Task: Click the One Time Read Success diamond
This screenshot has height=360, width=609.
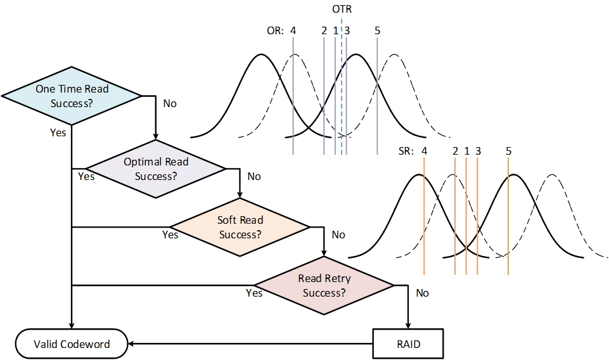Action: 72,96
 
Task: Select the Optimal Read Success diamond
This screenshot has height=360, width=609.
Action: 155,169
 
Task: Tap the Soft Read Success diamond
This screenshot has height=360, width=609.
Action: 240,227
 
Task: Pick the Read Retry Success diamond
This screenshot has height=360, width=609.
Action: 324,285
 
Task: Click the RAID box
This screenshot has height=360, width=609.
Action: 407,344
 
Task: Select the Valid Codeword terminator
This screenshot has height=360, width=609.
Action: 71,344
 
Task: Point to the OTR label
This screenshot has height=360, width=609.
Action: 342,10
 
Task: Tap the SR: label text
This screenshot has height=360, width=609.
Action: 403,151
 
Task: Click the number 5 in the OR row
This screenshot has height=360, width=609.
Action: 377,30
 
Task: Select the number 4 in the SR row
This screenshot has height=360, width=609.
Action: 424,151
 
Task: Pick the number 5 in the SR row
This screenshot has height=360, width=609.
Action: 508,151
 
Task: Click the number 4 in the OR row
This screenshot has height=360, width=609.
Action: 293,30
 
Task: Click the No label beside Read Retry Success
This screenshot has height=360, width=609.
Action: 422,293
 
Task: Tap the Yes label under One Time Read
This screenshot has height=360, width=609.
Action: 58,132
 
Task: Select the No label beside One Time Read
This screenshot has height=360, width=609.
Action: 170,103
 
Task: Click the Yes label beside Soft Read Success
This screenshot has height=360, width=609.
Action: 170,235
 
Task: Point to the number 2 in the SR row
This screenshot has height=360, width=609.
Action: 455,151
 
